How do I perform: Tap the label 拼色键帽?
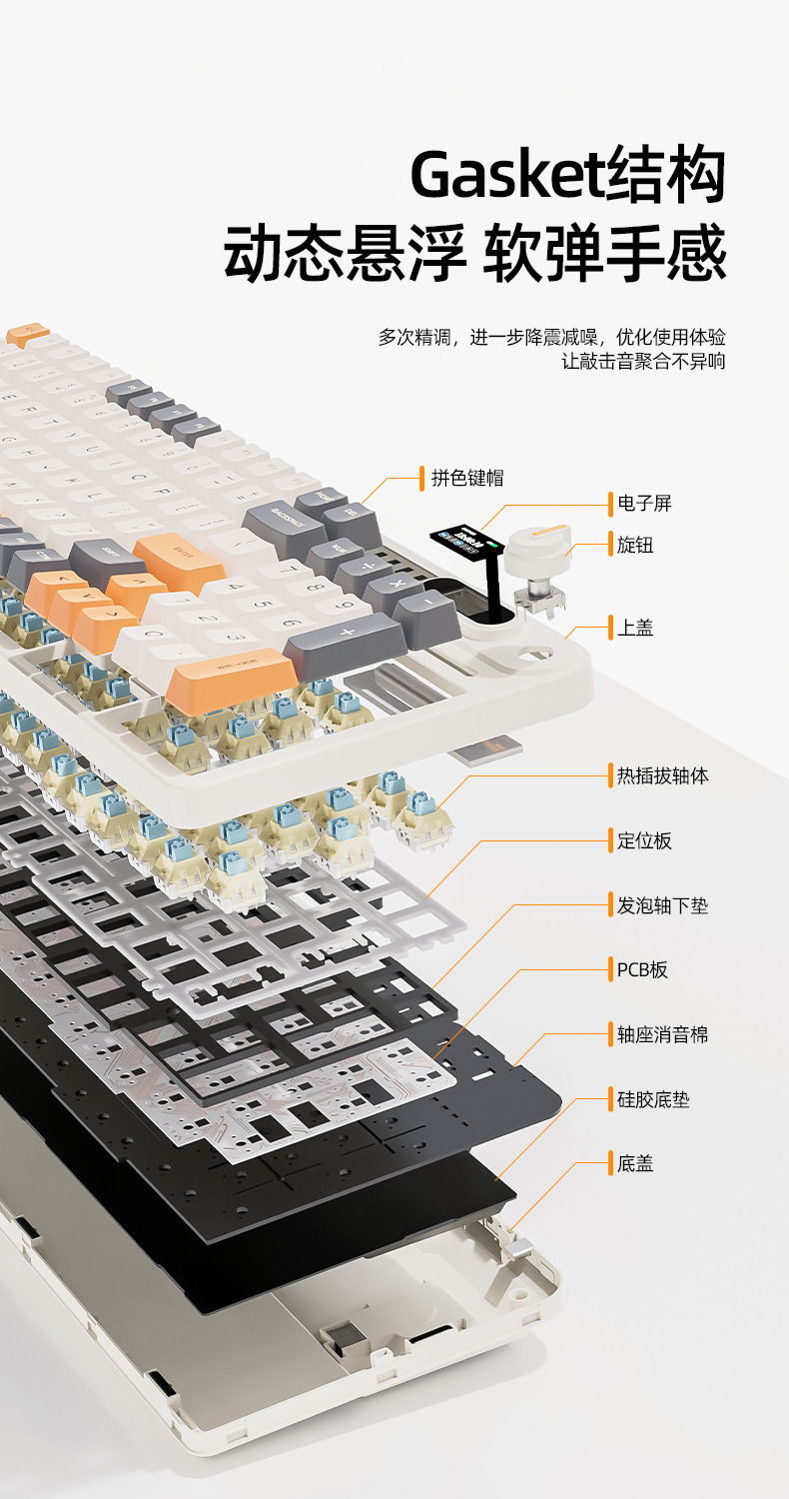click(x=466, y=478)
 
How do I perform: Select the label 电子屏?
click(x=643, y=503)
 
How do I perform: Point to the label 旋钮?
click(x=634, y=545)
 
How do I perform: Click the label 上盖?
click(x=634, y=628)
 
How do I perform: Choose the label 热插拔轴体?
click(x=662, y=774)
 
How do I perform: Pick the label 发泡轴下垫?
click(x=662, y=905)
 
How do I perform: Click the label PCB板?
click(x=642, y=968)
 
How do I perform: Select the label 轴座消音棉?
click(x=662, y=1034)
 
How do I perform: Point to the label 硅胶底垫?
click(x=653, y=1099)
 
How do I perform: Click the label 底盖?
click(x=634, y=1163)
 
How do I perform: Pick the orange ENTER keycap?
click(x=180, y=557)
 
